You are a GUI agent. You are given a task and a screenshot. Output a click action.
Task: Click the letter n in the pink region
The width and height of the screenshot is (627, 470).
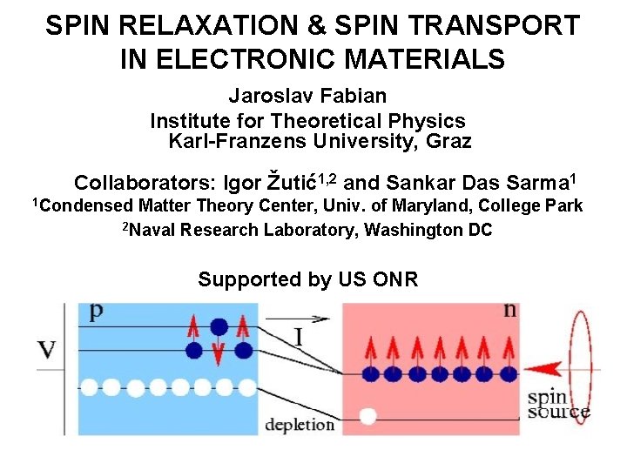click(509, 310)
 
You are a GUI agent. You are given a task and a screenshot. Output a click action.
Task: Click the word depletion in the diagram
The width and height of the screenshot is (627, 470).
click(299, 425)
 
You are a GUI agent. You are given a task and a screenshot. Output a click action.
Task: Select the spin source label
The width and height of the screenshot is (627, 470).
click(558, 405)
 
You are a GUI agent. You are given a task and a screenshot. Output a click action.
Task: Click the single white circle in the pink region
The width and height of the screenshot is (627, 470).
click(368, 417)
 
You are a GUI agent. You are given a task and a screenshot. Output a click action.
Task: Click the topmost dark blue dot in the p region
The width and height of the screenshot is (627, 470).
click(219, 326)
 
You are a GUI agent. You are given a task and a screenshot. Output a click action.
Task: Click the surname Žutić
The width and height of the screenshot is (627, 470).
click(290, 184)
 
